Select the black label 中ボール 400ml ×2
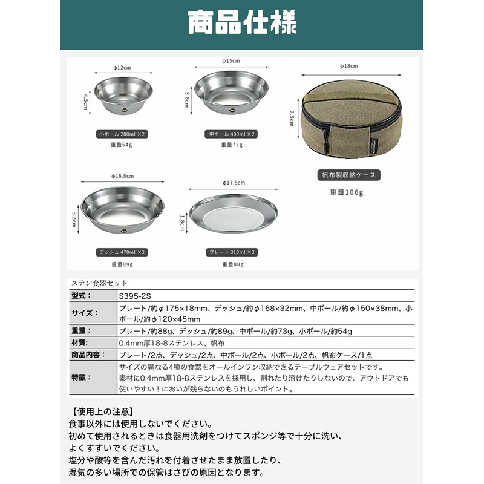point(231,134)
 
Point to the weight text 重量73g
point(231,145)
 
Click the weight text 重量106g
point(347,192)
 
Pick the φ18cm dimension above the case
point(348,66)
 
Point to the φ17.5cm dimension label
point(234,182)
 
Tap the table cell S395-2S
point(134,295)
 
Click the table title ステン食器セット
point(99,283)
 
